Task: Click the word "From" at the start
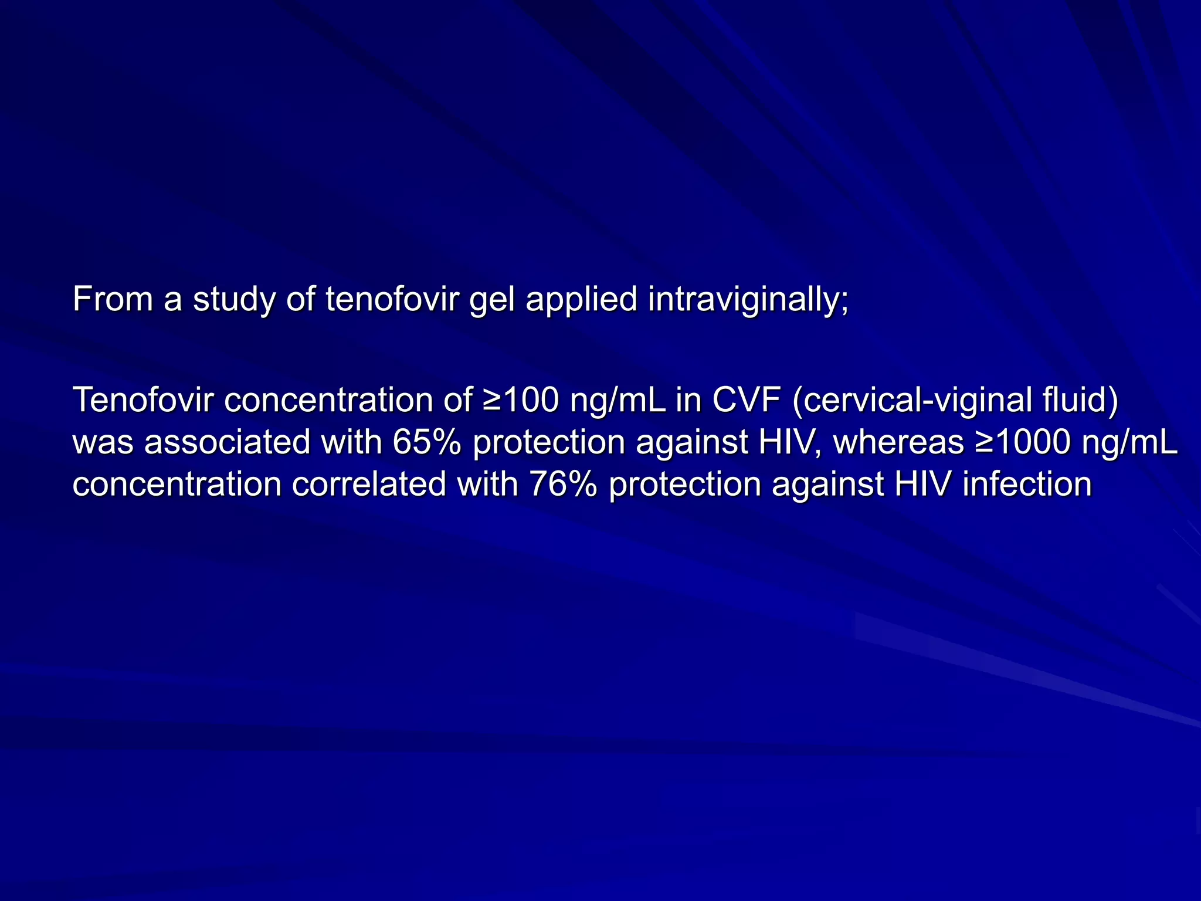(x=112, y=299)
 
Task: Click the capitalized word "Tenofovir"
(x=143, y=400)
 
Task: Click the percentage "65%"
(x=427, y=442)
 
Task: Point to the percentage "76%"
(x=563, y=485)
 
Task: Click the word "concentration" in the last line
(x=177, y=485)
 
